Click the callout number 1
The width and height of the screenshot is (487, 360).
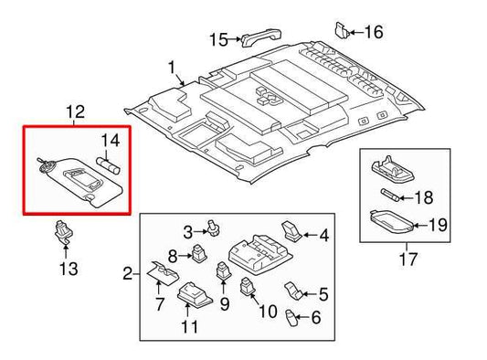(171, 69)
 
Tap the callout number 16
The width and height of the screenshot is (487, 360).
(374, 32)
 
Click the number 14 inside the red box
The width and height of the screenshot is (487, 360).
(110, 140)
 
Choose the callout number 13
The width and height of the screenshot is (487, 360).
(69, 269)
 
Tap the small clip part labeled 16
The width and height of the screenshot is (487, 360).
(342, 29)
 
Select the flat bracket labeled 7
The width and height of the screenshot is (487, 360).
(161, 273)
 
